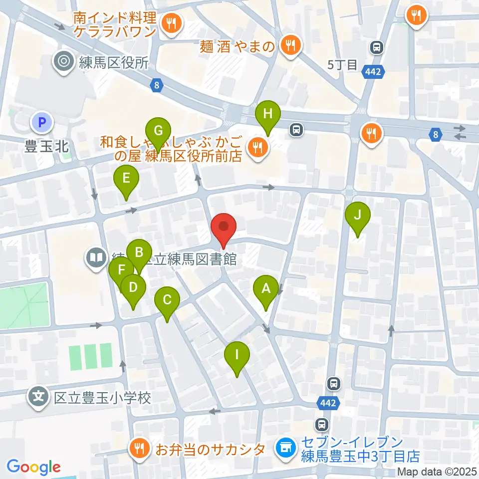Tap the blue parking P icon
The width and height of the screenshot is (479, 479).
point(42,121)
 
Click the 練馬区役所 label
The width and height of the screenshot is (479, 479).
point(114,62)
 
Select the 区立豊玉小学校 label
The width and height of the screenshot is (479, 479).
point(102,398)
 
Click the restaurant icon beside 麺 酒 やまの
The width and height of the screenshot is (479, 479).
point(289,45)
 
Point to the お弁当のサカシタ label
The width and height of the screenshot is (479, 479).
point(210,450)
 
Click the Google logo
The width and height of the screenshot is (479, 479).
point(33,467)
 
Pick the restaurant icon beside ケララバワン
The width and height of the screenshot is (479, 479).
point(172,23)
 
